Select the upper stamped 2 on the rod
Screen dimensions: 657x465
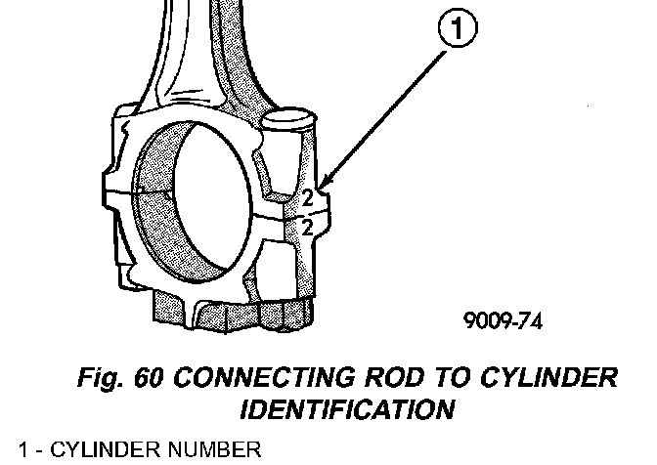(x=306, y=196)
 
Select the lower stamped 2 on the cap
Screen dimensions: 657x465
(x=306, y=228)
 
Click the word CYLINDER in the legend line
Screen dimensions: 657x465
(x=97, y=450)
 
